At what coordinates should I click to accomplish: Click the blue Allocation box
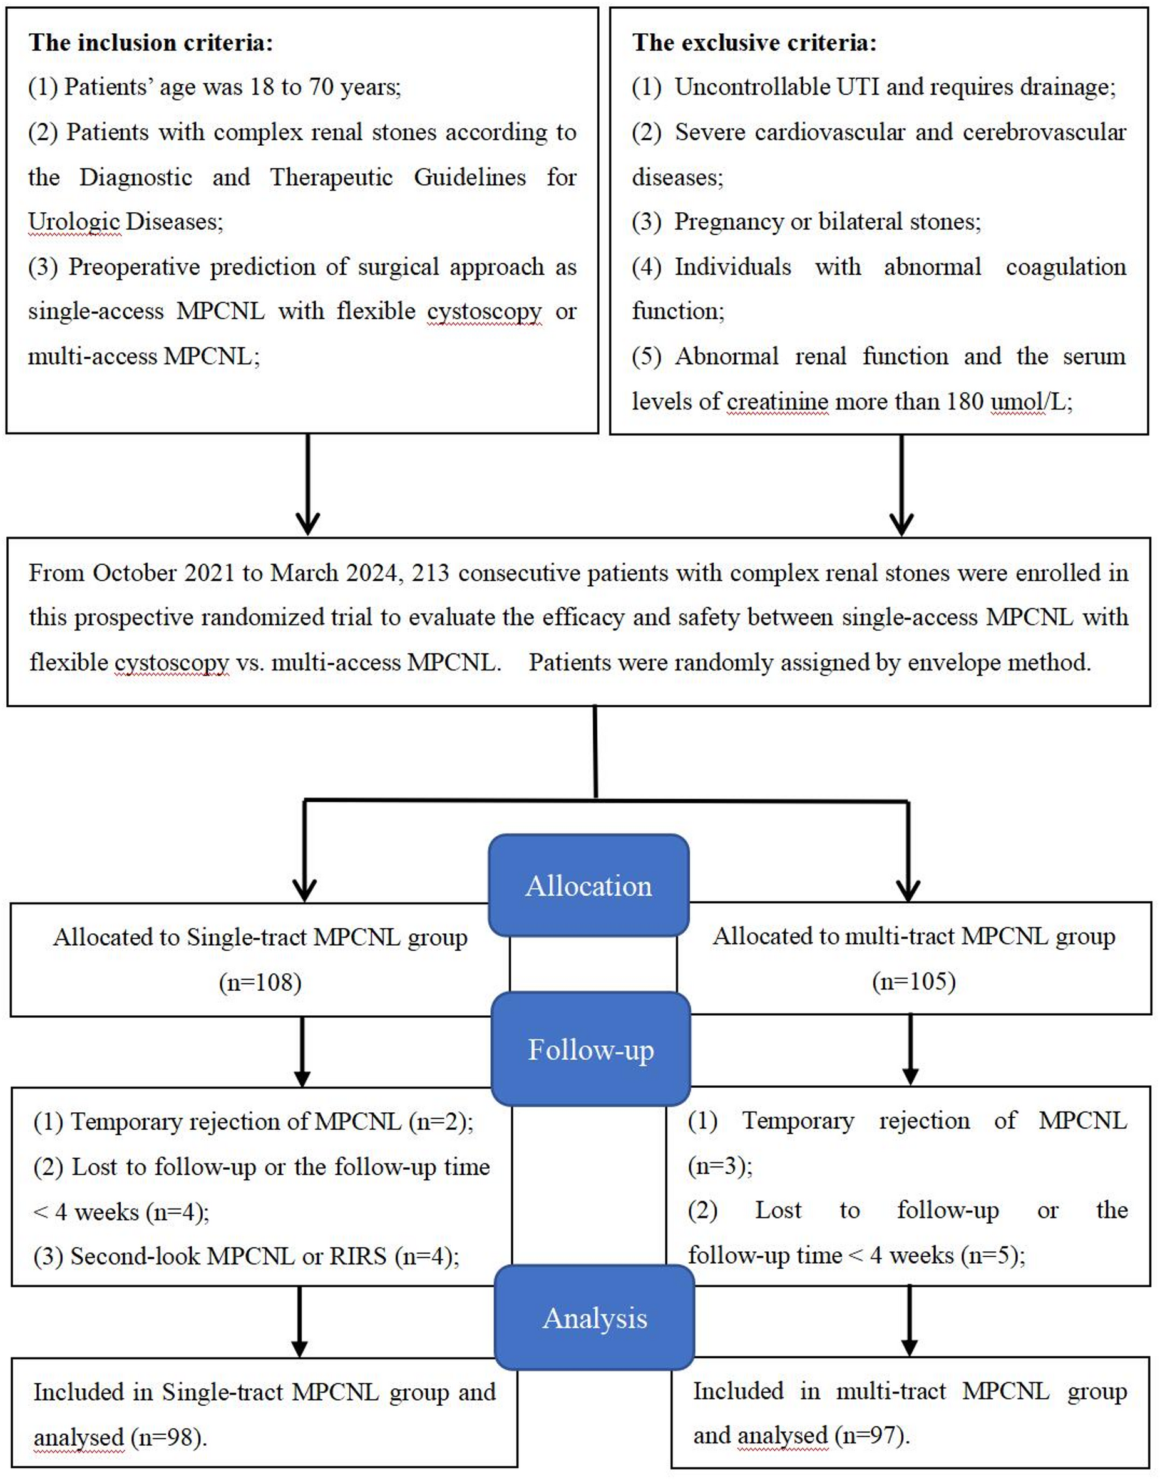click(x=588, y=886)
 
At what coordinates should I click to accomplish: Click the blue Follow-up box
click(x=590, y=1049)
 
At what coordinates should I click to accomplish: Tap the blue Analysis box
click(x=594, y=1318)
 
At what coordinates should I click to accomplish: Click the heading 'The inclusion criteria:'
click(x=150, y=43)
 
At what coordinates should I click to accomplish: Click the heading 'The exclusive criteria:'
click(x=754, y=43)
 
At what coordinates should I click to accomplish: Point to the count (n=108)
click(x=260, y=982)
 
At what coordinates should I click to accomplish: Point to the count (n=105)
click(x=913, y=981)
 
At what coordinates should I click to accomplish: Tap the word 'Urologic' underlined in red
click(x=74, y=222)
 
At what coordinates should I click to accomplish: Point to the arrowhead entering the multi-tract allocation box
click(x=908, y=889)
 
